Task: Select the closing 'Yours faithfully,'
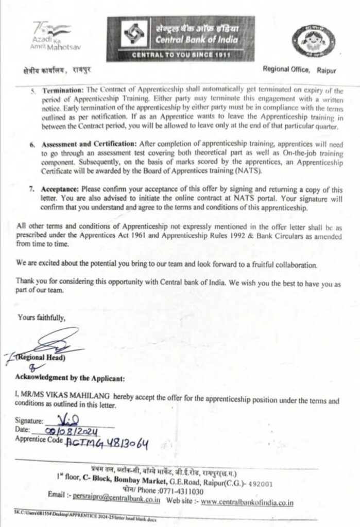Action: (x=42, y=318)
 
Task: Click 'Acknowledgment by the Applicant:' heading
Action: (x=70, y=379)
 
